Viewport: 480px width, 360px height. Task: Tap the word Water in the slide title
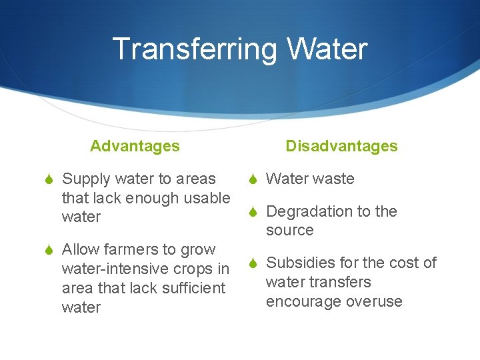(x=327, y=50)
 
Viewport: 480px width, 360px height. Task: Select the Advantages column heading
(x=135, y=146)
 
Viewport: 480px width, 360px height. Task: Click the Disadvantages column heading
(x=341, y=146)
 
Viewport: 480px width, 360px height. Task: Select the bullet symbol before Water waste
(x=253, y=179)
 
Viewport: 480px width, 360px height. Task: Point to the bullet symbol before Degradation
(x=253, y=212)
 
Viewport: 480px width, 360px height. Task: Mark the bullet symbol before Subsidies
(x=253, y=263)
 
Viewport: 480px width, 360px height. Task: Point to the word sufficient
(x=193, y=288)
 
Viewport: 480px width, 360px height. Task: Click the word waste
(x=333, y=179)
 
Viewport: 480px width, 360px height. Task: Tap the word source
(x=289, y=231)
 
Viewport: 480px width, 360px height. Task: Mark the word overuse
(x=374, y=301)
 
